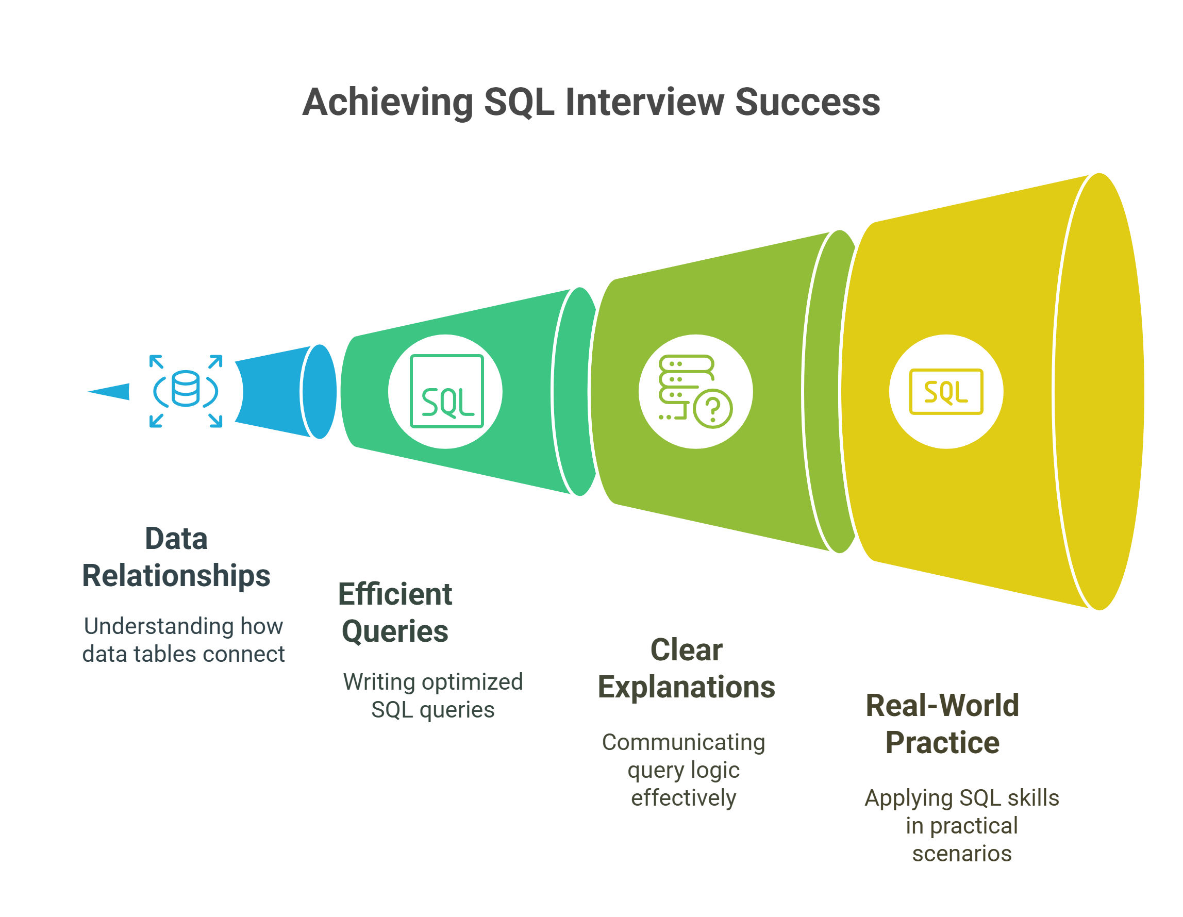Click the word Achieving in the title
[388, 103]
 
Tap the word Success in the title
[807, 102]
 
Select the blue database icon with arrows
[186, 391]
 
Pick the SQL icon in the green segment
[446, 391]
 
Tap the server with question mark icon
[695, 391]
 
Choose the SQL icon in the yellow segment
[946, 391]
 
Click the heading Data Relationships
[176, 557]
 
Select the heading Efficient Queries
[395, 612]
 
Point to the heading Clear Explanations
[686, 669]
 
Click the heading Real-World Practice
[942, 724]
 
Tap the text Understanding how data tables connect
[183, 640]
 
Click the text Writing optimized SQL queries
[433, 695]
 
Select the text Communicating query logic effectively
[684, 770]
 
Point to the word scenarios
[961, 854]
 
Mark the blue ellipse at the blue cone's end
[320, 392]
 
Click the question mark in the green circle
[713, 409]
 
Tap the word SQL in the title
[519, 103]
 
